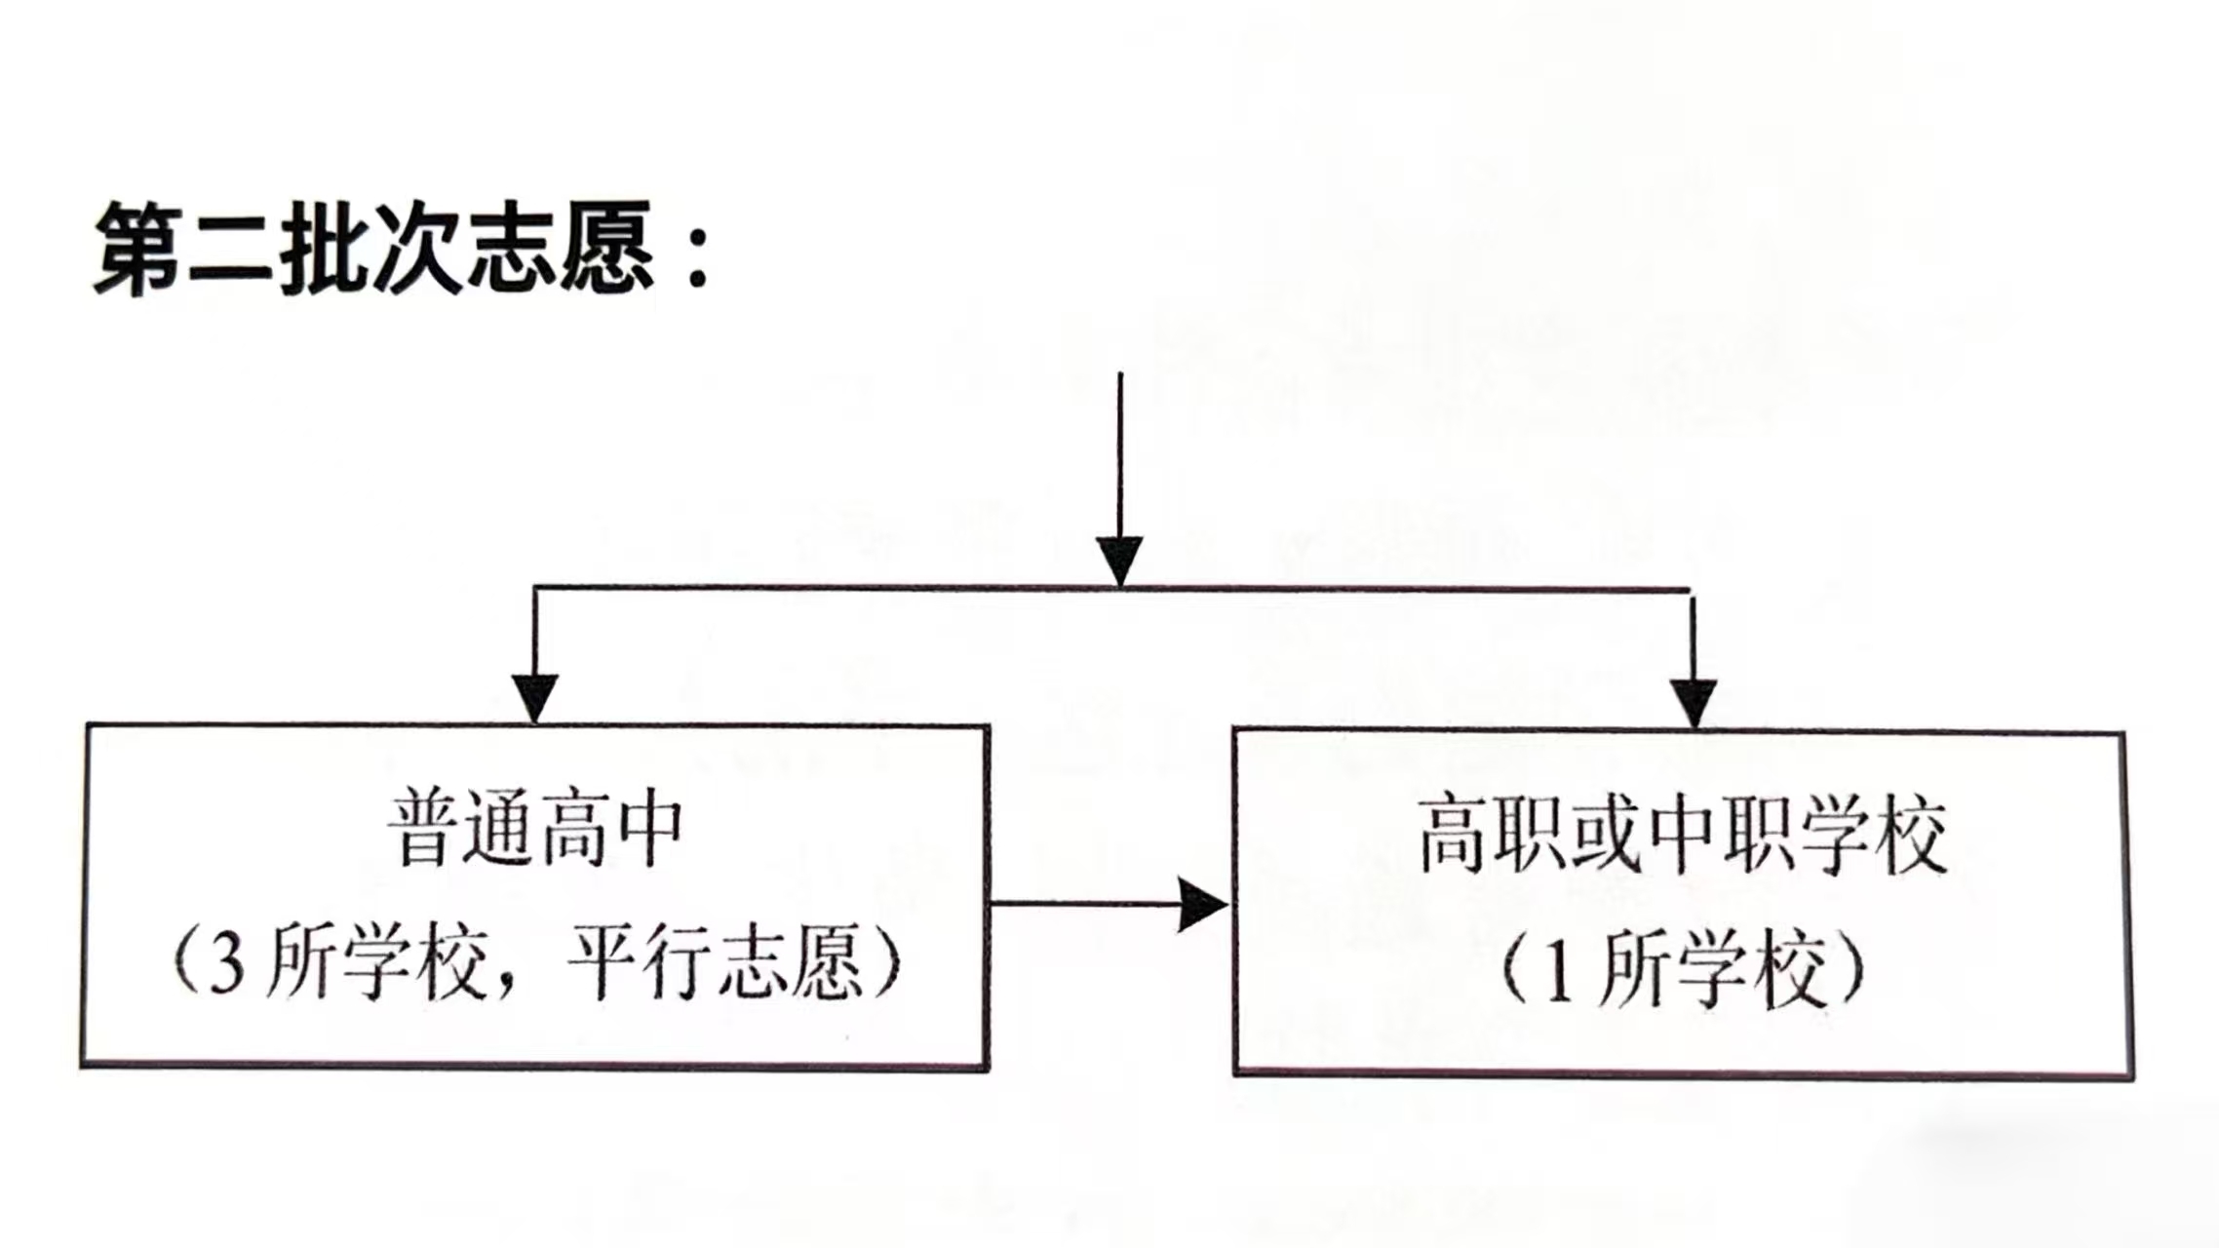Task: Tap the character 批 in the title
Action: pos(325,248)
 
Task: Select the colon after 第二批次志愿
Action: pos(697,259)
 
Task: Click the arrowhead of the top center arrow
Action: pos(1119,560)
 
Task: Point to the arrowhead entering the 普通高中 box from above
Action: pos(534,696)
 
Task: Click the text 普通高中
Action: pos(536,831)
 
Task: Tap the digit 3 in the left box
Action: pos(226,968)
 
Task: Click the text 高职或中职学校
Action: pos(1682,836)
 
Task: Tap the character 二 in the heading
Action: pos(231,250)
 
